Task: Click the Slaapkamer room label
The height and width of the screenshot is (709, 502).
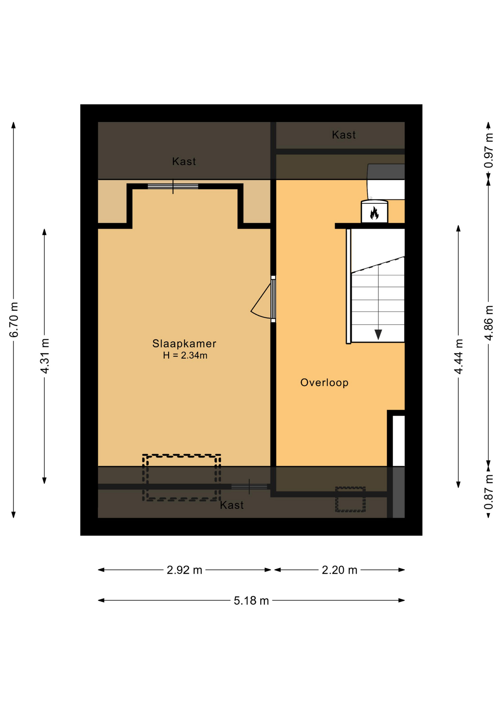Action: pos(184,343)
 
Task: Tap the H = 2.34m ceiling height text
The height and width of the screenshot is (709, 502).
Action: pos(185,356)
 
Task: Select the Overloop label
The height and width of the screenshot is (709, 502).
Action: pos(324,383)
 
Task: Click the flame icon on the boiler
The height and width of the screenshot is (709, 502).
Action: pos(374,213)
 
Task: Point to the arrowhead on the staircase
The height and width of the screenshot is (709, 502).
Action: pos(378,335)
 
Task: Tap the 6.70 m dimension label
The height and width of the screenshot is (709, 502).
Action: pos(14,320)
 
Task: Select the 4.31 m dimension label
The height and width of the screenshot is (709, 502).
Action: pos(45,356)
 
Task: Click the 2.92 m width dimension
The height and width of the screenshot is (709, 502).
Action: pos(184,570)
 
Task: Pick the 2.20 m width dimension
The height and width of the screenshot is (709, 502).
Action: pos(339,570)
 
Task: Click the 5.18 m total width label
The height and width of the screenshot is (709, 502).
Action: pos(251,601)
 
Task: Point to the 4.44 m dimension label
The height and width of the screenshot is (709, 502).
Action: pos(458,356)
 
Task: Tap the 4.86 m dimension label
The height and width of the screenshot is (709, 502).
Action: pos(489,323)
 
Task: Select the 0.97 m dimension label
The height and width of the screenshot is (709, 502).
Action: pos(489,150)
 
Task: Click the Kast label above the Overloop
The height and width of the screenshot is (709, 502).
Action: pos(344,135)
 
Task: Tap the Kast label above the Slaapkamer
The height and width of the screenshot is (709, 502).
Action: pos(184,161)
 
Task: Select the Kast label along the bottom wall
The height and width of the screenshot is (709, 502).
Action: pos(232,505)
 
